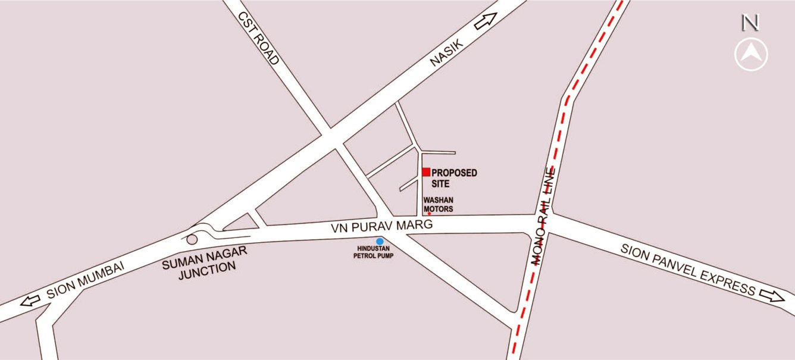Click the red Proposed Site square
tap(426, 172)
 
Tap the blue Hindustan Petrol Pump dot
tap(379, 241)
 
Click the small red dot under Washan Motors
tap(429, 214)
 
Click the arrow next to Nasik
tap(486, 22)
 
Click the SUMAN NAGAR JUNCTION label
tap(204, 260)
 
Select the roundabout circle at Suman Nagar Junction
tap(192, 239)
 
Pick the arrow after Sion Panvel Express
tap(772, 295)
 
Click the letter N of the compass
tap(750, 23)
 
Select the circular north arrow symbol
tap(751, 55)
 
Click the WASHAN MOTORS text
tap(438, 205)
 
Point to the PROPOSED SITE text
tap(454, 178)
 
